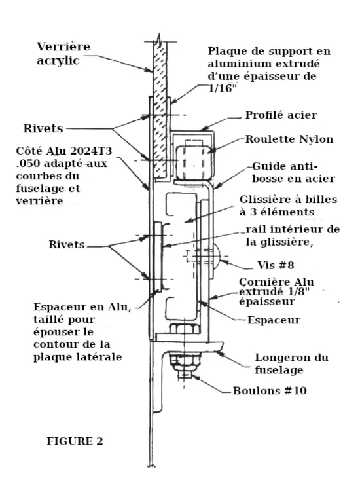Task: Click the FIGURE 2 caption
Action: (74, 441)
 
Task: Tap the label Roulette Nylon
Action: (289, 139)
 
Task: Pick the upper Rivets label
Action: (41, 128)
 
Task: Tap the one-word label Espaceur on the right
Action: (276, 321)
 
